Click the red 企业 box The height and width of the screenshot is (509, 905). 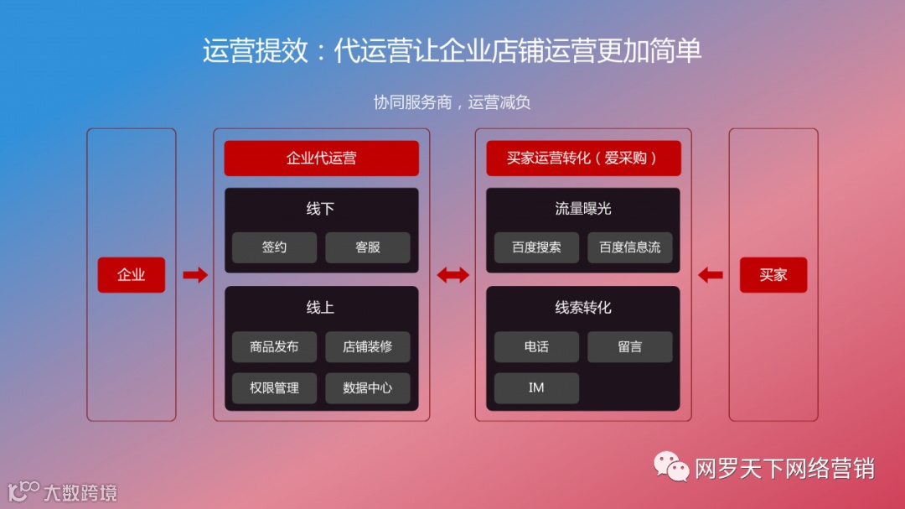point(131,275)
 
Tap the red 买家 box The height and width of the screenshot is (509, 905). point(773,275)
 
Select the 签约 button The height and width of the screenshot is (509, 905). point(274,247)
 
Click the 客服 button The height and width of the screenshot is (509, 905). point(367,247)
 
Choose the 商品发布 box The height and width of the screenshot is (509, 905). point(274,346)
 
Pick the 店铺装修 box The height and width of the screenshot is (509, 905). point(367,346)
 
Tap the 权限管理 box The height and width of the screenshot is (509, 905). point(274,388)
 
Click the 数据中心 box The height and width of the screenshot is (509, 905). point(367,388)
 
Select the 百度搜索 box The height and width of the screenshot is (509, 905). point(536,247)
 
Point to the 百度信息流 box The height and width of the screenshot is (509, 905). point(629,247)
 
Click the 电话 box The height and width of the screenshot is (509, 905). point(536,346)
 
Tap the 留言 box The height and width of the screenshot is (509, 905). point(629,346)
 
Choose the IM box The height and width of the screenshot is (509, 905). point(536,388)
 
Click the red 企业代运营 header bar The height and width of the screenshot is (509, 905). point(321,158)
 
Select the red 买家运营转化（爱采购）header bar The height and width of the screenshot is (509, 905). point(583,158)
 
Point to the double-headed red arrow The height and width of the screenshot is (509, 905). point(452,274)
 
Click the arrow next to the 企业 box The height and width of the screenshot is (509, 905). point(194,274)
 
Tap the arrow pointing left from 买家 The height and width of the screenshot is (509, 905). point(711,274)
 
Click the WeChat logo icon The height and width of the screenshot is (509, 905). point(672,467)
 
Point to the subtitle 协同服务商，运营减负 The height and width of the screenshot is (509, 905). point(452,102)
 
